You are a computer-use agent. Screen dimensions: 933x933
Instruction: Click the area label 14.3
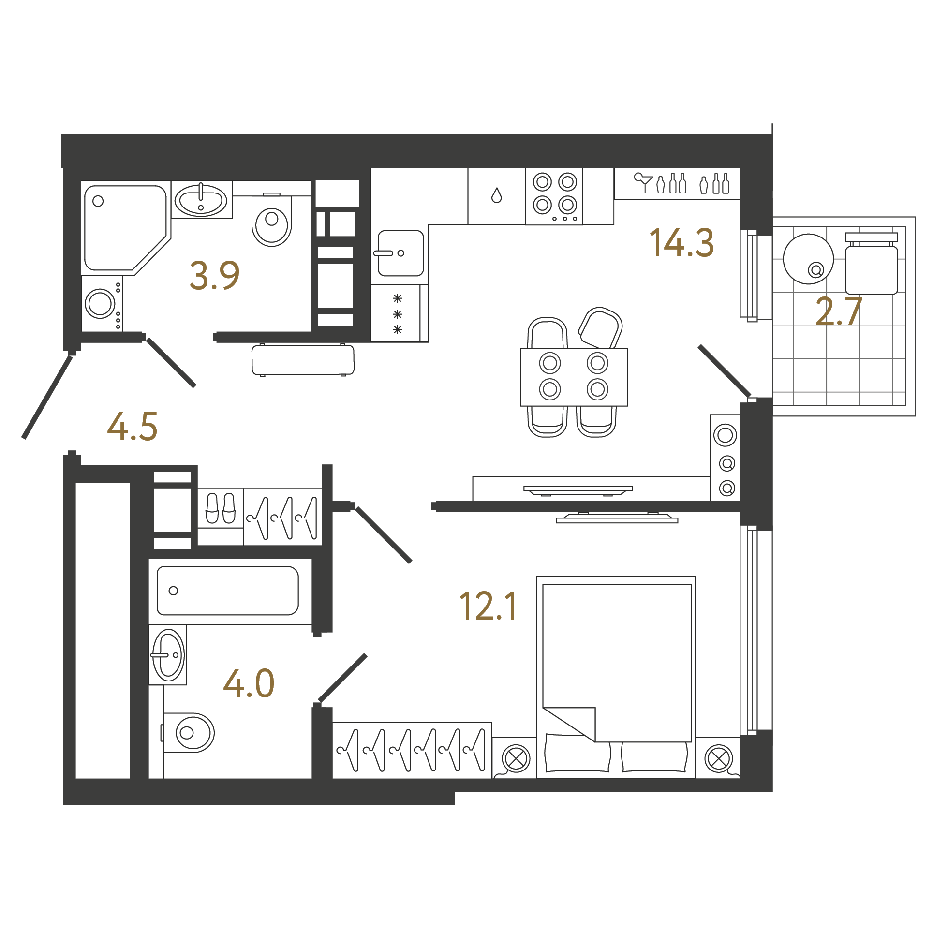coord(681,243)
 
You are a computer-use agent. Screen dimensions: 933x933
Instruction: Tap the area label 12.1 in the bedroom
coord(489,606)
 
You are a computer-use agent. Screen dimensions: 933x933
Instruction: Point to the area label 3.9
coord(214,275)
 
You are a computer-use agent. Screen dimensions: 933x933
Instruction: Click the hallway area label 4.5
coord(132,426)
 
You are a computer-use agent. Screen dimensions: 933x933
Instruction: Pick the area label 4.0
coord(249,683)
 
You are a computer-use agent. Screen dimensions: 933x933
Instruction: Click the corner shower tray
coord(126,228)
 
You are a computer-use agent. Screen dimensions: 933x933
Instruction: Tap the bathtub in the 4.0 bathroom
coord(228,591)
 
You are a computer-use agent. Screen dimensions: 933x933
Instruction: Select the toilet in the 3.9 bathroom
coord(272,220)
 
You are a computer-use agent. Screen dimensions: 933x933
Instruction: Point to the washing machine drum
coord(100,304)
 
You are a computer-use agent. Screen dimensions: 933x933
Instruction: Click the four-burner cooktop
coord(554,196)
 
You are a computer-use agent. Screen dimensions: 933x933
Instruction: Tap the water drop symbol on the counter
coord(496,195)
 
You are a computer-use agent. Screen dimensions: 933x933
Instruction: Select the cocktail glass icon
coord(644,183)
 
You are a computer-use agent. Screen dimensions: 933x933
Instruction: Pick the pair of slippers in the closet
coord(221,508)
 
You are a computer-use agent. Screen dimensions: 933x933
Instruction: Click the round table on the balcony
coord(808,259)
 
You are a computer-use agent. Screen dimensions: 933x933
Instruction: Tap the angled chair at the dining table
coord(600,328)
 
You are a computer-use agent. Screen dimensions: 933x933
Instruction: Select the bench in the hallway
coord(303,360)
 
